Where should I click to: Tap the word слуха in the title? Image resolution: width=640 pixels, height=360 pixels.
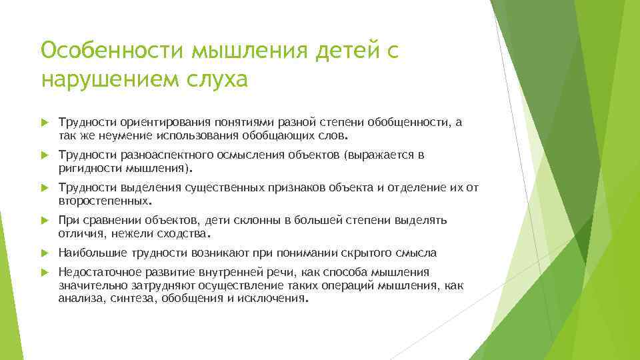[215, 79]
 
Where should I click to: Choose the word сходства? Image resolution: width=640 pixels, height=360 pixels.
[185, 234]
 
